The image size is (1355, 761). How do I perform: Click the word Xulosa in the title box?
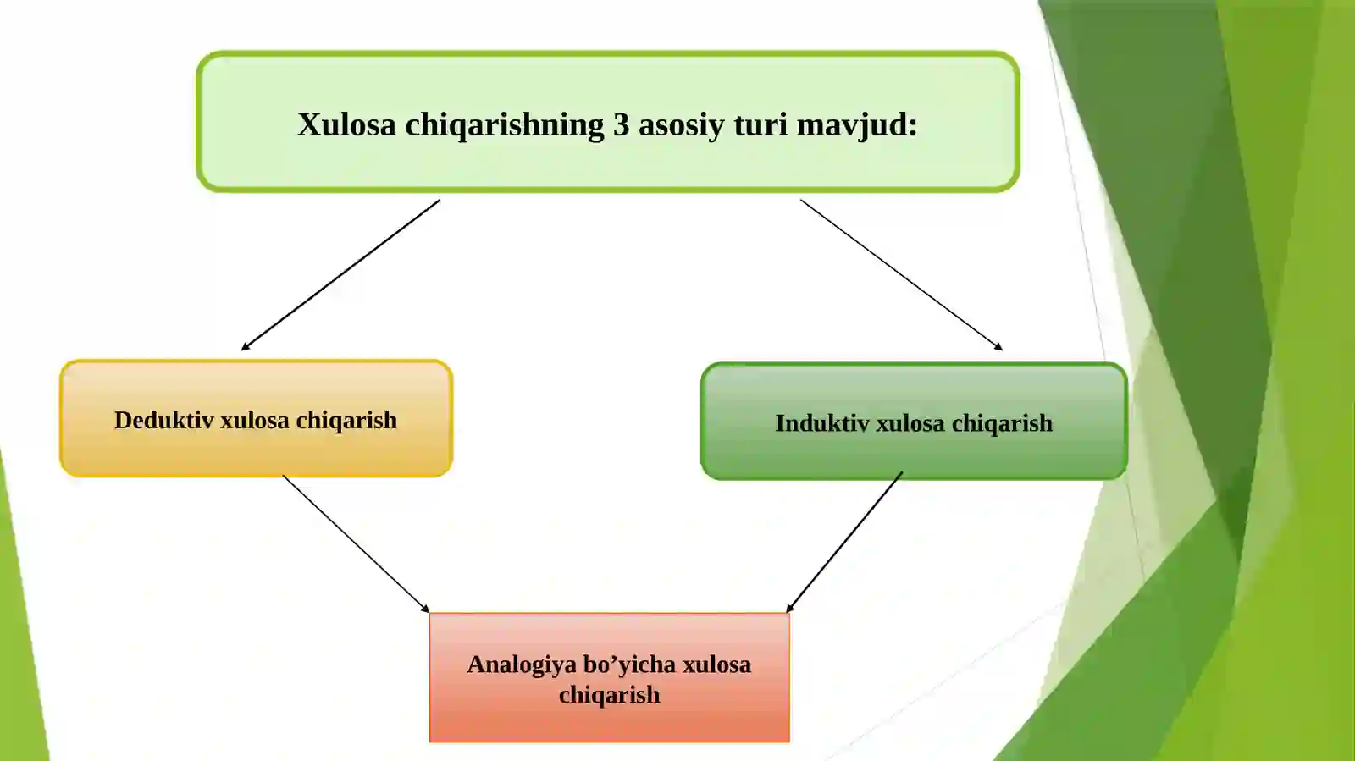click(346, 124)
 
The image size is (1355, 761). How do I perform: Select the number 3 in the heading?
click(622, 124)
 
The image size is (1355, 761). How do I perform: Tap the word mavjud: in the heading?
click(857, 126)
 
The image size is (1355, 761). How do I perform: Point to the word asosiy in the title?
click(681, 126)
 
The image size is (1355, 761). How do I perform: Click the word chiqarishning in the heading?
click(505, 126)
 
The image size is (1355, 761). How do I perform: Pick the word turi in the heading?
click(760, 124)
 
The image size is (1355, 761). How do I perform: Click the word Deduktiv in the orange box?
click(164, 420)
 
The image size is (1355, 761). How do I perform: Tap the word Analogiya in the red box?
click(522, 664)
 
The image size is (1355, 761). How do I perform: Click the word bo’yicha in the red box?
click(629, 664)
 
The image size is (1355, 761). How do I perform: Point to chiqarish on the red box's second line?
click(609, 695)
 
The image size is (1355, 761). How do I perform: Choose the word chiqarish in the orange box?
click(346, 421)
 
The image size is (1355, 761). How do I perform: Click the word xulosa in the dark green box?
click(910, 423)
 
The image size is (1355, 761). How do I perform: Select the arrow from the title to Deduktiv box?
click(340, 275)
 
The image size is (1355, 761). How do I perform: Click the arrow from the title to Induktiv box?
click(901, 275)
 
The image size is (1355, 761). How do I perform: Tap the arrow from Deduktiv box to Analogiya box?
click(356, 544)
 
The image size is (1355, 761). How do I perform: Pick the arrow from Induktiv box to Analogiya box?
click(843, 543)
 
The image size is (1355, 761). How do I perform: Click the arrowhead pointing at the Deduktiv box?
click(245, 346)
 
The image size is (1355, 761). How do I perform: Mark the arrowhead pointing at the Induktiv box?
click(998, 347)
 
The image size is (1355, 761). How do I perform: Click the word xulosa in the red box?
click(716, 664)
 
